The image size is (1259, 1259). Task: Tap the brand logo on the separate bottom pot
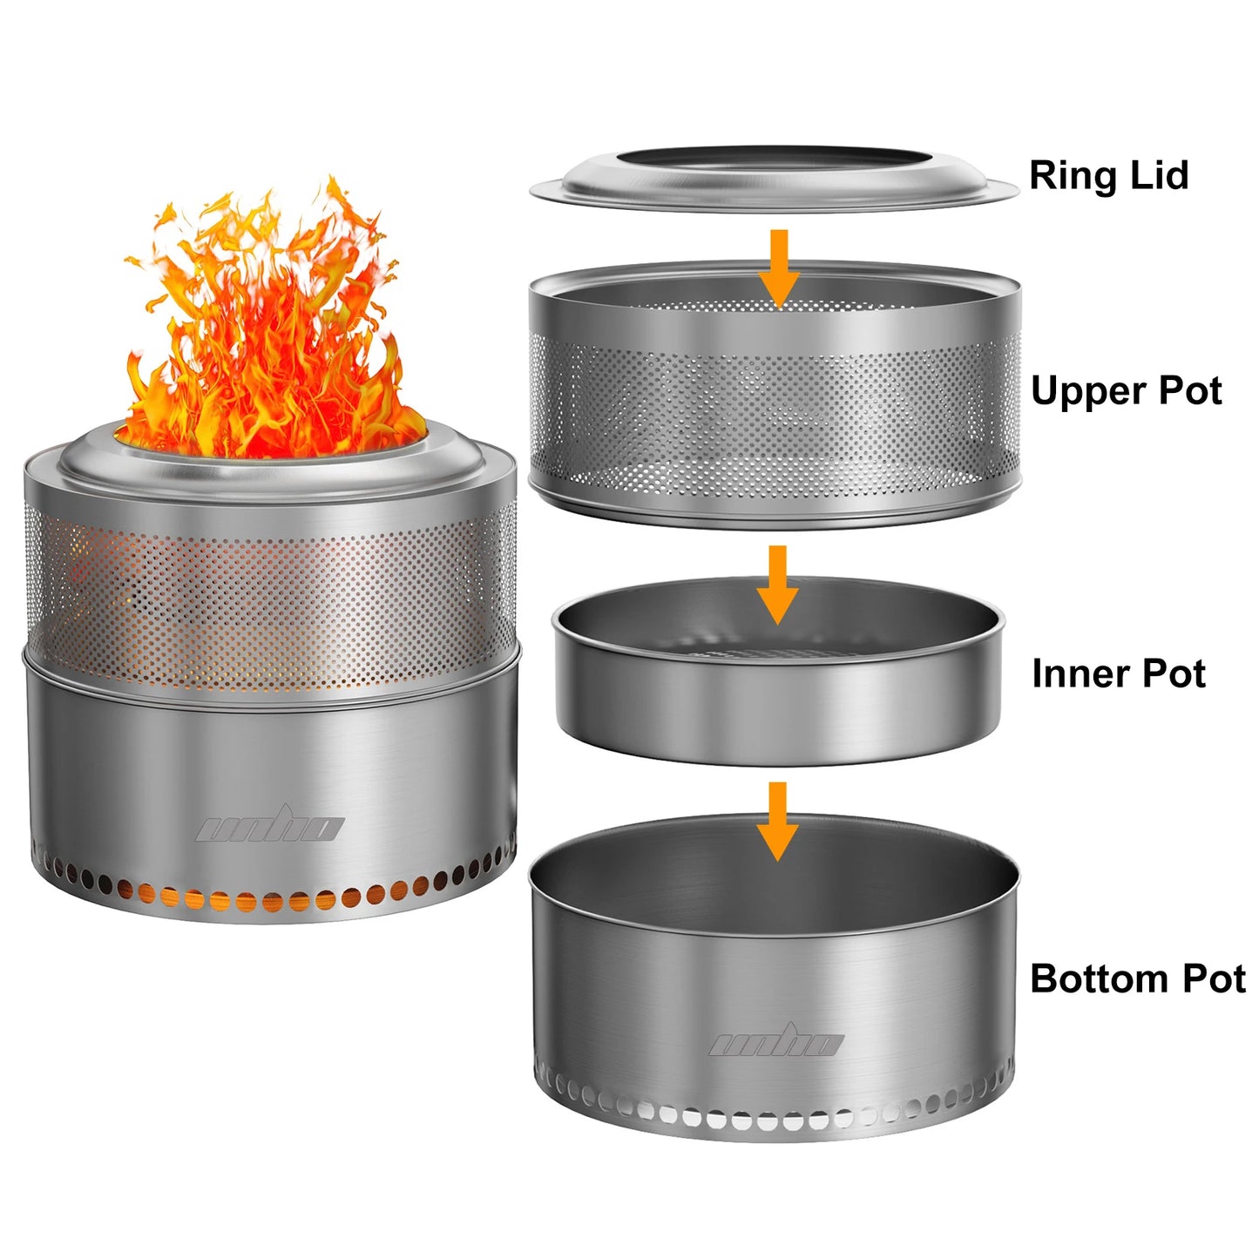click(x=775, y=1042)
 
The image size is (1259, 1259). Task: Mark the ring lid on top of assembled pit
click(x=270, y=470)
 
